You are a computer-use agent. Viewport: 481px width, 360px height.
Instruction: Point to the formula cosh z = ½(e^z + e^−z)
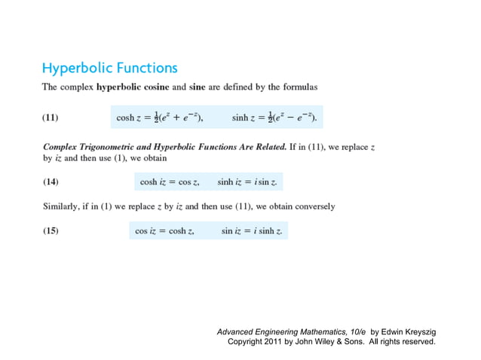[x=160, y=117]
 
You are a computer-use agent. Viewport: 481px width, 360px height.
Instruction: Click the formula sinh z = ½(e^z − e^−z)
[x=274, y=117]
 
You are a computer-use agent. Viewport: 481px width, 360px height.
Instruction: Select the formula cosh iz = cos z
[x=170, y=182]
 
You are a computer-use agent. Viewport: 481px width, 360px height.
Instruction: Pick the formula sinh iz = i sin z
[x=247, y=182]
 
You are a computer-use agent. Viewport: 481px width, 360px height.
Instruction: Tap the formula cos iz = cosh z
[x=165, y=231]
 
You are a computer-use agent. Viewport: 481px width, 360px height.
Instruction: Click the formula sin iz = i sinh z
[x=252, y=231]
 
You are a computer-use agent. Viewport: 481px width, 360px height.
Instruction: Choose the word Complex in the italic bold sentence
[x=60, y=147]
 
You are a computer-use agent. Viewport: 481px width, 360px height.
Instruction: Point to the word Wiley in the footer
[x=326, y=341]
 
